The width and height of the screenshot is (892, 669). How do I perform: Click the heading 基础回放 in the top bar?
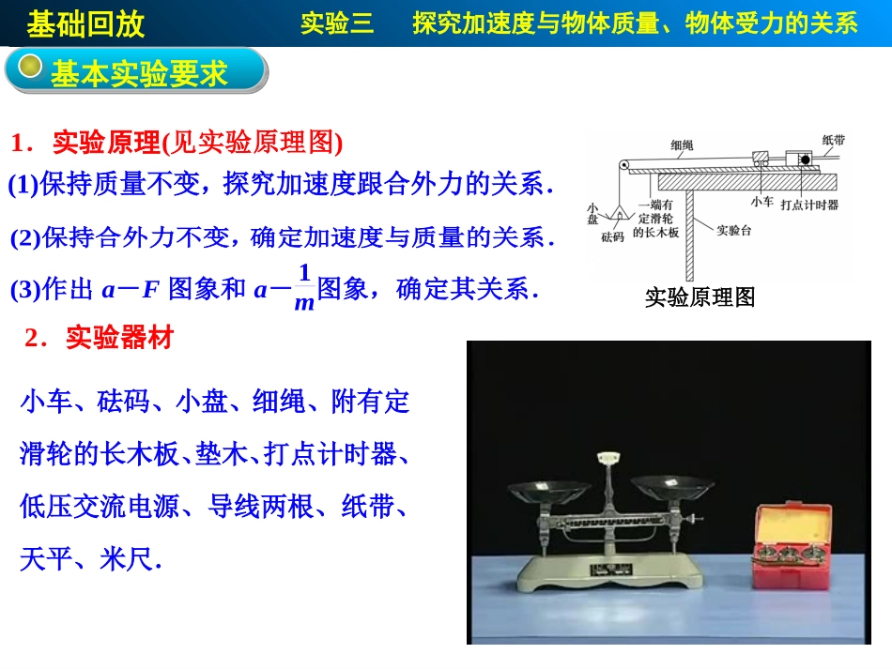[x=85, y=23]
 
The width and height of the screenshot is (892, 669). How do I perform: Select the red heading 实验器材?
[x=119, y=338]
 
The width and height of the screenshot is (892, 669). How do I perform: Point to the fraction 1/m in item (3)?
[x=303, y=287]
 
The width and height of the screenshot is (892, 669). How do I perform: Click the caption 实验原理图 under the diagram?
[x=700, y=297]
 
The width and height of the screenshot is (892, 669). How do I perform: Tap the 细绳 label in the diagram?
[x=682, y=144]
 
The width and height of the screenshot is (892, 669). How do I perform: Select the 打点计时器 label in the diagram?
[x=809, y=204]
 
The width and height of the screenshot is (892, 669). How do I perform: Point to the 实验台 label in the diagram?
[x=735, y=229]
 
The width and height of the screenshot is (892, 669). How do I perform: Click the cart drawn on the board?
[x=761, y=160]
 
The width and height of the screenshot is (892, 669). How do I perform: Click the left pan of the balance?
[x=548, y=489]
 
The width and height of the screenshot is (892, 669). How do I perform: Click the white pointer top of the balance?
[x=611, y=456]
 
